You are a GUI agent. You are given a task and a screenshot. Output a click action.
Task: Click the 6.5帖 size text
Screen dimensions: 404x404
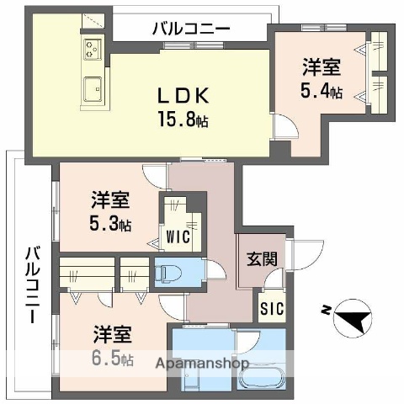click(x=112, y=359)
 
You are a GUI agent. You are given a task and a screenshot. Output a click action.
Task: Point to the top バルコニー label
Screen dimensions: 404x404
click(x=190, y=29)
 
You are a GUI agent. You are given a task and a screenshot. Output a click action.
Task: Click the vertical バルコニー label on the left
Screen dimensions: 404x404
click(x=31, y=285)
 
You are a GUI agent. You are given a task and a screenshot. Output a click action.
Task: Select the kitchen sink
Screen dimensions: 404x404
click(x=92, y=86)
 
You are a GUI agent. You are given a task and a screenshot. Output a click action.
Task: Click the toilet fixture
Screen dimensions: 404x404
click(x=168, y=273)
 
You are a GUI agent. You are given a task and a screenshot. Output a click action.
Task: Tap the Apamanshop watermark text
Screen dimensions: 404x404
click(x=201, y=364)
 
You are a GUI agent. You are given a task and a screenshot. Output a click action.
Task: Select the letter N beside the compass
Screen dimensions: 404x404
click(x=325, y=311)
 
